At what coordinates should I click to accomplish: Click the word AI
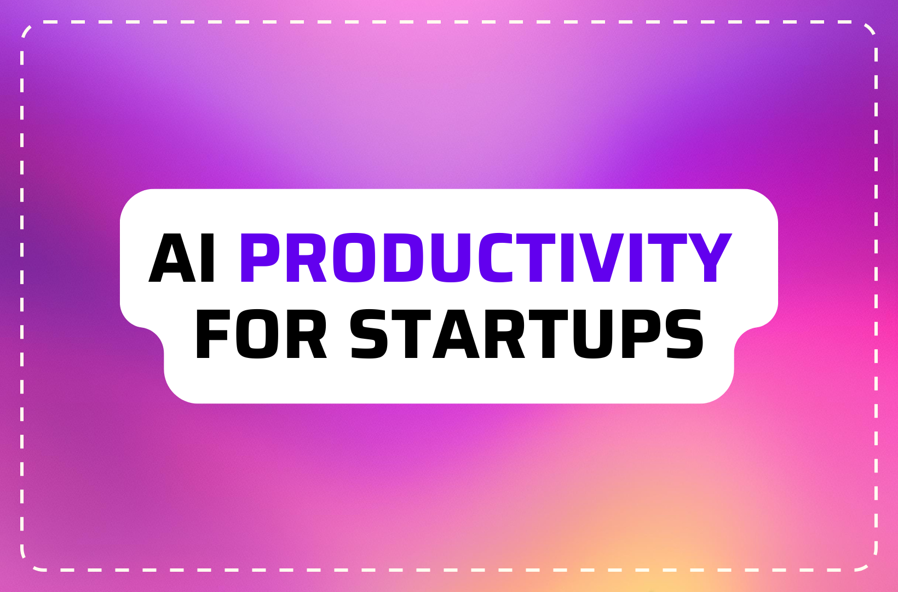click(x=182, y=258)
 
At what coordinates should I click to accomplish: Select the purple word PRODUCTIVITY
click(x=485, y=258)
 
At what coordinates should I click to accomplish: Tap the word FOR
click(x=261, y=334)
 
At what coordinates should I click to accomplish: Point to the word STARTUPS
click(x=526, y=334)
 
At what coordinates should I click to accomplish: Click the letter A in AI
click(x=172, y=258)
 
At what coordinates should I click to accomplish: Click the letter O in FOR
click(x=257, y=334)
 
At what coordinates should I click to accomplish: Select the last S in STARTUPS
click(x=684, y=334)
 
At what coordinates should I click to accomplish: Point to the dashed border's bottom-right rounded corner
click(x=871, y=563)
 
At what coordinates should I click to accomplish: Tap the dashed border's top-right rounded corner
click(x=871, y=29)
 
